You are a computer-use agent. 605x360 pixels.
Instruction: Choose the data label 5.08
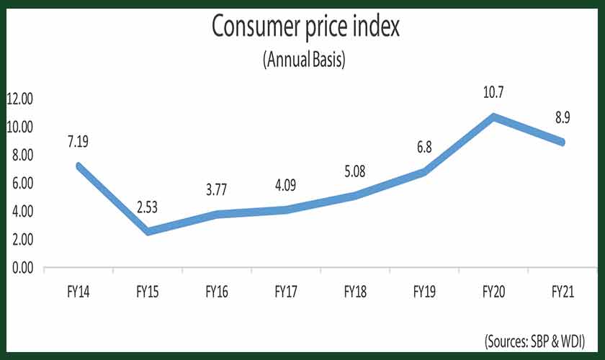coord(356,174)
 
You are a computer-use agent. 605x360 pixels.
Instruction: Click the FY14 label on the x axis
coord(78,292)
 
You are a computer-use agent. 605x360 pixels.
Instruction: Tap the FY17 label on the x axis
coord(286,292)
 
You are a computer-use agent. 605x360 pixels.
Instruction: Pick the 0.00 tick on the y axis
coord(22,268)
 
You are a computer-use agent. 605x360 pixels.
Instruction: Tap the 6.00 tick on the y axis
coord(22,184)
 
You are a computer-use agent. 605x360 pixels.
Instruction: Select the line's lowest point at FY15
coord(147,232)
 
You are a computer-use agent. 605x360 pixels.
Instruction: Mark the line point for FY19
coord(425,172)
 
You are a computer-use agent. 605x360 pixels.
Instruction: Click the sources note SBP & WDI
coord(533,339)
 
